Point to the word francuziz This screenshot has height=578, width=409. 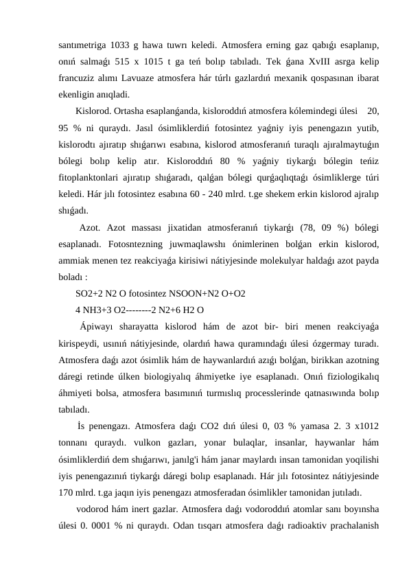click(78, 78)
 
